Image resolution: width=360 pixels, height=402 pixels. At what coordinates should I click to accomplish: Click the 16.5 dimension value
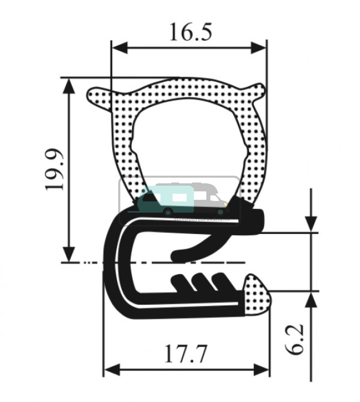[190, 32]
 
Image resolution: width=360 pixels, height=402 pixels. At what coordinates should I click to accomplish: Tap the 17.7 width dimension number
[185, 354]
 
